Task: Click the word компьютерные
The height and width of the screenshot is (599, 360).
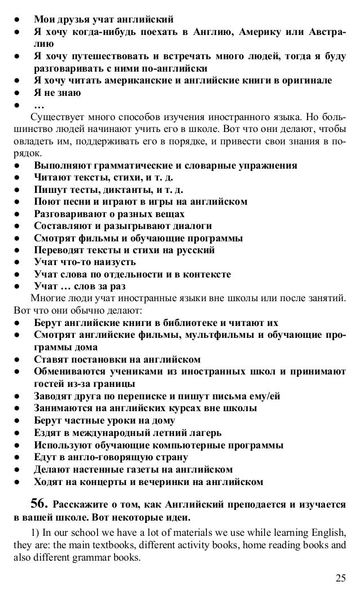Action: [x=187, y=445]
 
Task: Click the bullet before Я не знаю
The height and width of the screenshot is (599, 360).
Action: [x=19, y=93]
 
